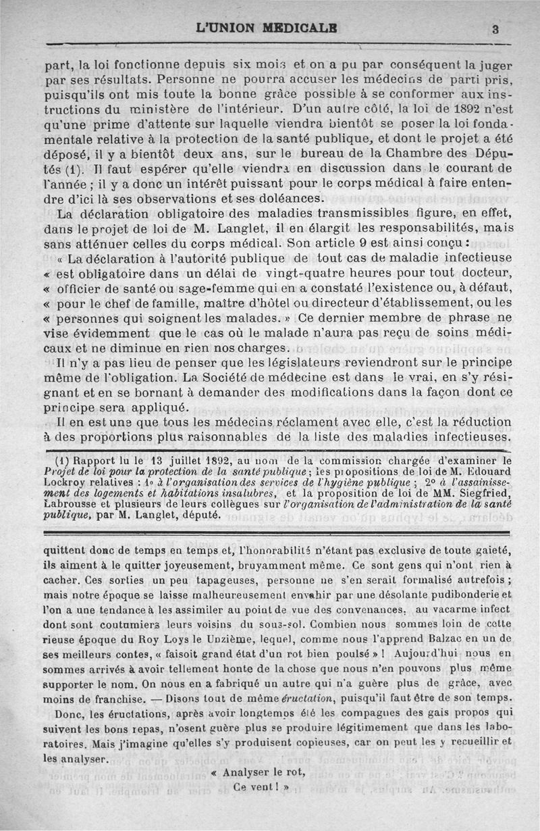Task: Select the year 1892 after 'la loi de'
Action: (x=450, y=108)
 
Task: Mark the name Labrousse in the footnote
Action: (x=72, y=507)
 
